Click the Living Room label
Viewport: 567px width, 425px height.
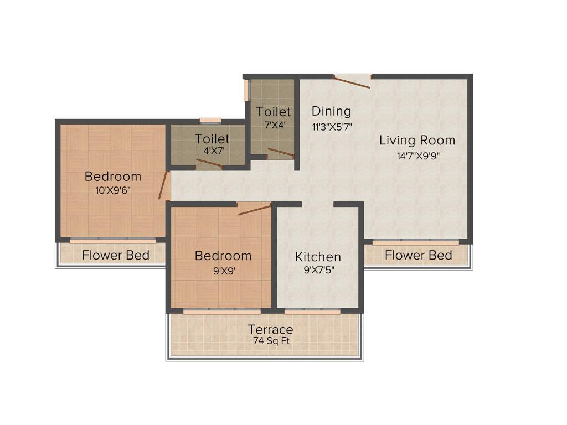(417, 141)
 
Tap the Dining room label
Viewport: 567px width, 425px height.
(331, 111)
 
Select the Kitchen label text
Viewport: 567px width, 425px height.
(318, 257)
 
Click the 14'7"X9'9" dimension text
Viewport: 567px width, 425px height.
(417, 156)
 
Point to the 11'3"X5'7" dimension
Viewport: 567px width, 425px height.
(332, 126)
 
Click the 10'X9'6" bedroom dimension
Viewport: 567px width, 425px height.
(113, 190)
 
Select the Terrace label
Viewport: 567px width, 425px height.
(270, 330)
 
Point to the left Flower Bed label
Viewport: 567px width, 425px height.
(116, 255)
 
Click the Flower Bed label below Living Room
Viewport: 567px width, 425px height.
(418, 255)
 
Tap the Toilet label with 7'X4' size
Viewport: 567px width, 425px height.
(273, 112)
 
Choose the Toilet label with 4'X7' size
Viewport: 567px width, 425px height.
(212, 138)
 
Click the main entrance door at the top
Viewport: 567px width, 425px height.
(353, 81)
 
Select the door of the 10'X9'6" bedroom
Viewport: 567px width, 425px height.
(164, 185)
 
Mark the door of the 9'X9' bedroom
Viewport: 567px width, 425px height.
(254, 209)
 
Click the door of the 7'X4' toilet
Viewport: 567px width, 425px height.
(281, 153)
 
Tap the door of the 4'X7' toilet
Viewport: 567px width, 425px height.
(209, 163)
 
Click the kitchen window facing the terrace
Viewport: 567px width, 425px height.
(312, 312)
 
